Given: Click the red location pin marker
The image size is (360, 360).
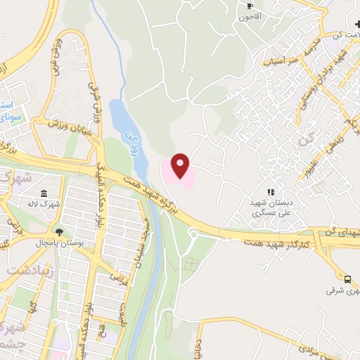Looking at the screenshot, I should (181, 165).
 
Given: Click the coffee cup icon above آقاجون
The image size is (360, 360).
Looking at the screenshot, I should (250, 6).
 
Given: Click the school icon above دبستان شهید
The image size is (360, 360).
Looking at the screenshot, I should (271, 191).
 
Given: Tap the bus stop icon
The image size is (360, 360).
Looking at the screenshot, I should (347, 279).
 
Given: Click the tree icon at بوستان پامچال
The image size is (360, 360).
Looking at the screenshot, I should (59, 232).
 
